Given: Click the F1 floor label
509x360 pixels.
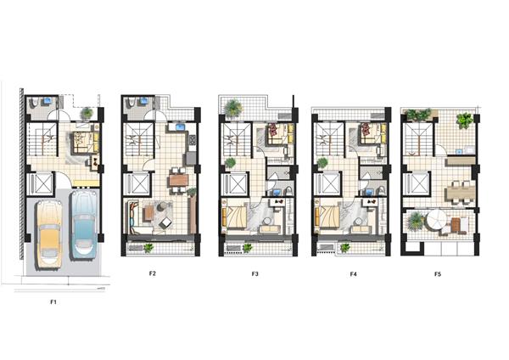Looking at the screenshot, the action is pos(53,302).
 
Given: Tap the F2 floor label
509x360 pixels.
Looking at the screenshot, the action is pos(153,273).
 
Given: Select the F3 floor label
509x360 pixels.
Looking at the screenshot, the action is pos(255,273).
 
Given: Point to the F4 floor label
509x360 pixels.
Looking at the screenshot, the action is pos(354,274).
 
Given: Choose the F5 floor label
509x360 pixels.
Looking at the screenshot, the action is pos(438,274).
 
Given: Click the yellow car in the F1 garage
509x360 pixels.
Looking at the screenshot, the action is pos(49,235).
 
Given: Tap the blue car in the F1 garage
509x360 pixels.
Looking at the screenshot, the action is pos(83,225).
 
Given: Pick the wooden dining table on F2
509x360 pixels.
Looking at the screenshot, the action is pos(178,180).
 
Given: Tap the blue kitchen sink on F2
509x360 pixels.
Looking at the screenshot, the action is pos(181,127).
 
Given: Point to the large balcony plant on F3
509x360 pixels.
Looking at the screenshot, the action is pos(233,108).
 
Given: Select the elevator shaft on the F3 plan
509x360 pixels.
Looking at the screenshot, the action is pos(235,184).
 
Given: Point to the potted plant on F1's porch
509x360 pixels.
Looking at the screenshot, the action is pos(87,113).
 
